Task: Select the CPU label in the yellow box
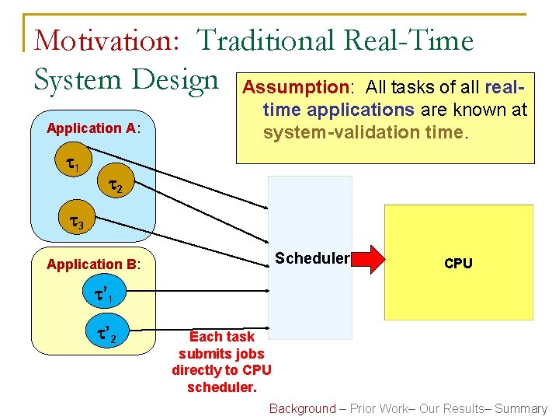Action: pos(458,264)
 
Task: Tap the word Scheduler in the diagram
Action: pos(311,258)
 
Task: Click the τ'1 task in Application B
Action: pos(103,296)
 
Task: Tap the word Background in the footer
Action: pos(302,408)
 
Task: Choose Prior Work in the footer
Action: pos(377,408)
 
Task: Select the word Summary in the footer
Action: pos(521,408)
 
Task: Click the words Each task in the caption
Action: pos(222,337)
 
